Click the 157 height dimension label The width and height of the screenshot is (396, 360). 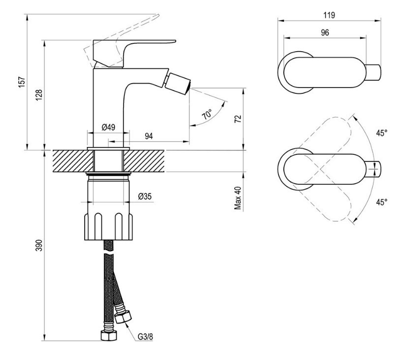(x=22, y=82)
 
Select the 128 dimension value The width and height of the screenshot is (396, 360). (x=39, y=95)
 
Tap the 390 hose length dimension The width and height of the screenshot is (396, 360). (x=39, y=245)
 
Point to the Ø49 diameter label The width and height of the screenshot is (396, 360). (x=108, y=127)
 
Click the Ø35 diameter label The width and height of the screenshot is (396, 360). (x=145, y=196)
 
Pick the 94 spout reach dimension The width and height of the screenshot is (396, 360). (x=149, y=136)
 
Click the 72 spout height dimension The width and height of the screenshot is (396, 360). (x=238, y=119)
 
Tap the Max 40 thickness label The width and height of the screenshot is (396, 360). (x=238, y=198)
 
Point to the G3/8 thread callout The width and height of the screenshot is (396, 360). (x=146, y=336)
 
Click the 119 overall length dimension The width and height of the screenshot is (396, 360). (x=329, y=15)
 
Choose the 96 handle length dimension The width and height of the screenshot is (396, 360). (x=325, y=32)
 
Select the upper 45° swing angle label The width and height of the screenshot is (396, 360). (x=382, y=133)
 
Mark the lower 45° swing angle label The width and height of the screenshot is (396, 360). (x=382, y=202)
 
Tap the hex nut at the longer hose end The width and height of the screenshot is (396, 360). (x=109, y=335)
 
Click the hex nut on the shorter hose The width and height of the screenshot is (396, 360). (x=123, y=317)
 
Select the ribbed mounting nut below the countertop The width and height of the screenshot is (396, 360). (x=108, y=226)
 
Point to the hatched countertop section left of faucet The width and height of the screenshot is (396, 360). (x=73, y=161)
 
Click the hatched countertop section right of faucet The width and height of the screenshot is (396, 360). (x=145, y=161)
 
